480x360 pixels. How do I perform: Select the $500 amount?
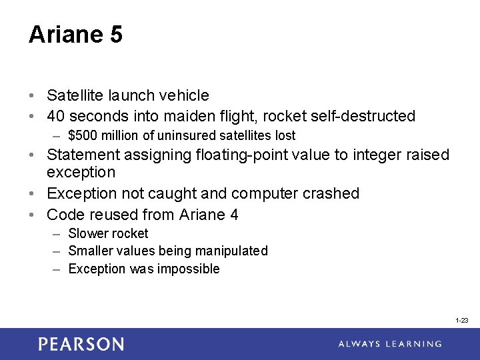click(83, 136)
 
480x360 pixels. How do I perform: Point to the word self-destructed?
click(363, 116)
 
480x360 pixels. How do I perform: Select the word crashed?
click(331, 194)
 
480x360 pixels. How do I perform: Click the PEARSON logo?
click(81, 344)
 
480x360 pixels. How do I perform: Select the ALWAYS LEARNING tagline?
click(390, 344)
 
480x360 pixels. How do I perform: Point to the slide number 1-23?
click(462, 321)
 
